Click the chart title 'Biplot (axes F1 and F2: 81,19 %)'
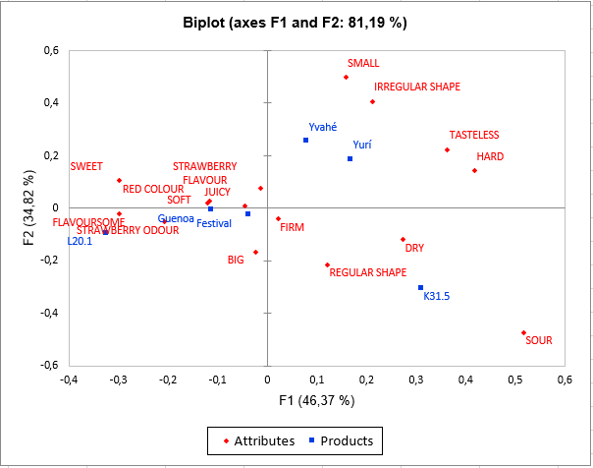296,22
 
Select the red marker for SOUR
523,332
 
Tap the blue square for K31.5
420,287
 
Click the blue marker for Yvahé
305,140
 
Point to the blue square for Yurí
350,158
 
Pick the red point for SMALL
346,77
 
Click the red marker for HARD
474,170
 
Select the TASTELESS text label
474,135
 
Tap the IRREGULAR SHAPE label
417,87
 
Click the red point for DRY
403,239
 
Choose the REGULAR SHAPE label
368,272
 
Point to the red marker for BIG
255,252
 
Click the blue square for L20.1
105,232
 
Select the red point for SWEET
119,180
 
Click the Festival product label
214,223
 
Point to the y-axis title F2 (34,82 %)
30,206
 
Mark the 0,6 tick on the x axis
565,379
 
